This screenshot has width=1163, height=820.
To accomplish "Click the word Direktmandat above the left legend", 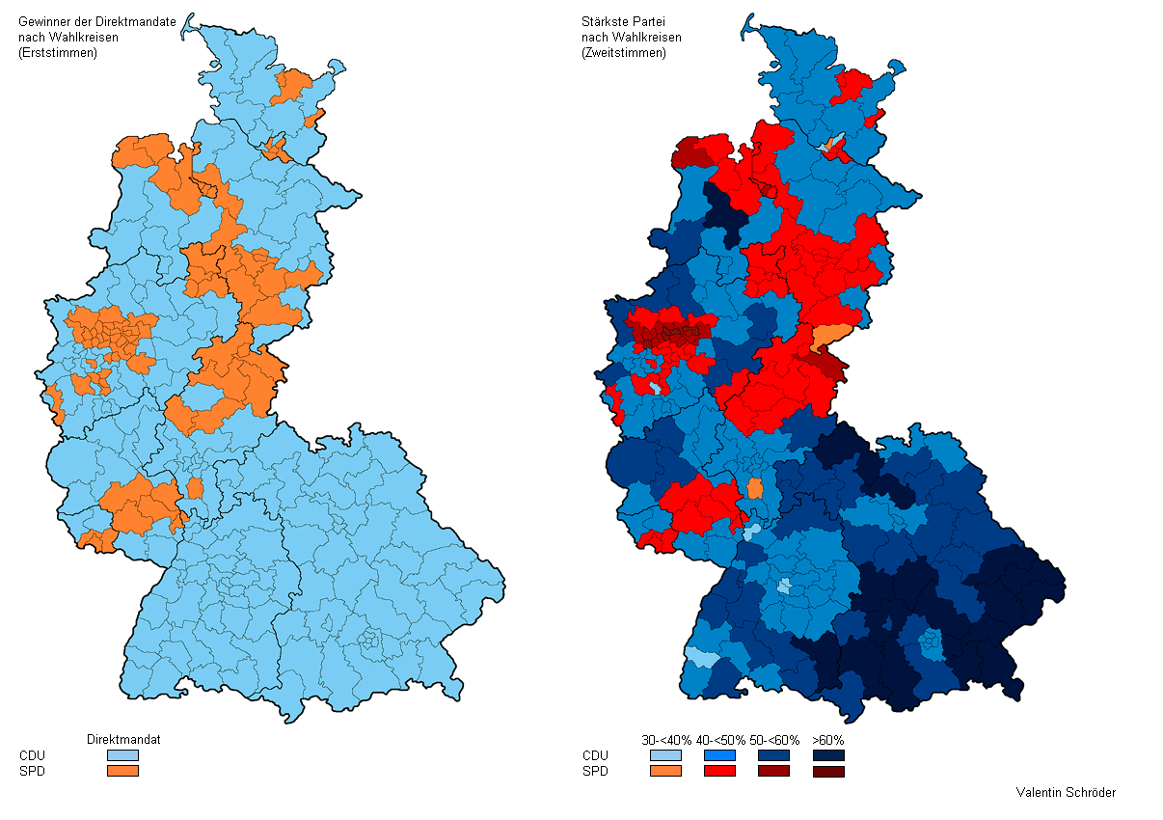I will (123, 739).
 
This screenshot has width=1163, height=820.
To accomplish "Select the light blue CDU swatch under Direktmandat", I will (122, 755).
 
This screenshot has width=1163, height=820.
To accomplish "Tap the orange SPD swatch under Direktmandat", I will (122, 771).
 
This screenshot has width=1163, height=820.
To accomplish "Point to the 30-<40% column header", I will (666, 740).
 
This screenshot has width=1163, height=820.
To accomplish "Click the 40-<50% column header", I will (720, 740).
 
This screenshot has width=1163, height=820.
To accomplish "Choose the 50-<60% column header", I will (774, 740).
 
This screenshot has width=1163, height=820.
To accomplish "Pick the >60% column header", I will (828, 740).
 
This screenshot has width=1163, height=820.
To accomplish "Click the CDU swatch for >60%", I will (828, 755).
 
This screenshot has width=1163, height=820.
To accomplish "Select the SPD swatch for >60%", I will (828, 771).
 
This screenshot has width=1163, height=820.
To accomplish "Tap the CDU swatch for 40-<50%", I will (720, 755).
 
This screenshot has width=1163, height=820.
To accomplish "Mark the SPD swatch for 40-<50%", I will (720, 771).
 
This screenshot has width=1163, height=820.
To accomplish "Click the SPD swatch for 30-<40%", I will (666, 771).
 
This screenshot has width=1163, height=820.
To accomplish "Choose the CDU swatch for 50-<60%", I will (774, 755).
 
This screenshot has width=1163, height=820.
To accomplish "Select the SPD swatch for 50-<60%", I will (774, 771).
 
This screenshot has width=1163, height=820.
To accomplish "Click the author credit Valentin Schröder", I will (1066, 793).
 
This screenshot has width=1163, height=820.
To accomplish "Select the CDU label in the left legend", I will (32, 755).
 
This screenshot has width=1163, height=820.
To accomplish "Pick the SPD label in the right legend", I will (595, 771).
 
